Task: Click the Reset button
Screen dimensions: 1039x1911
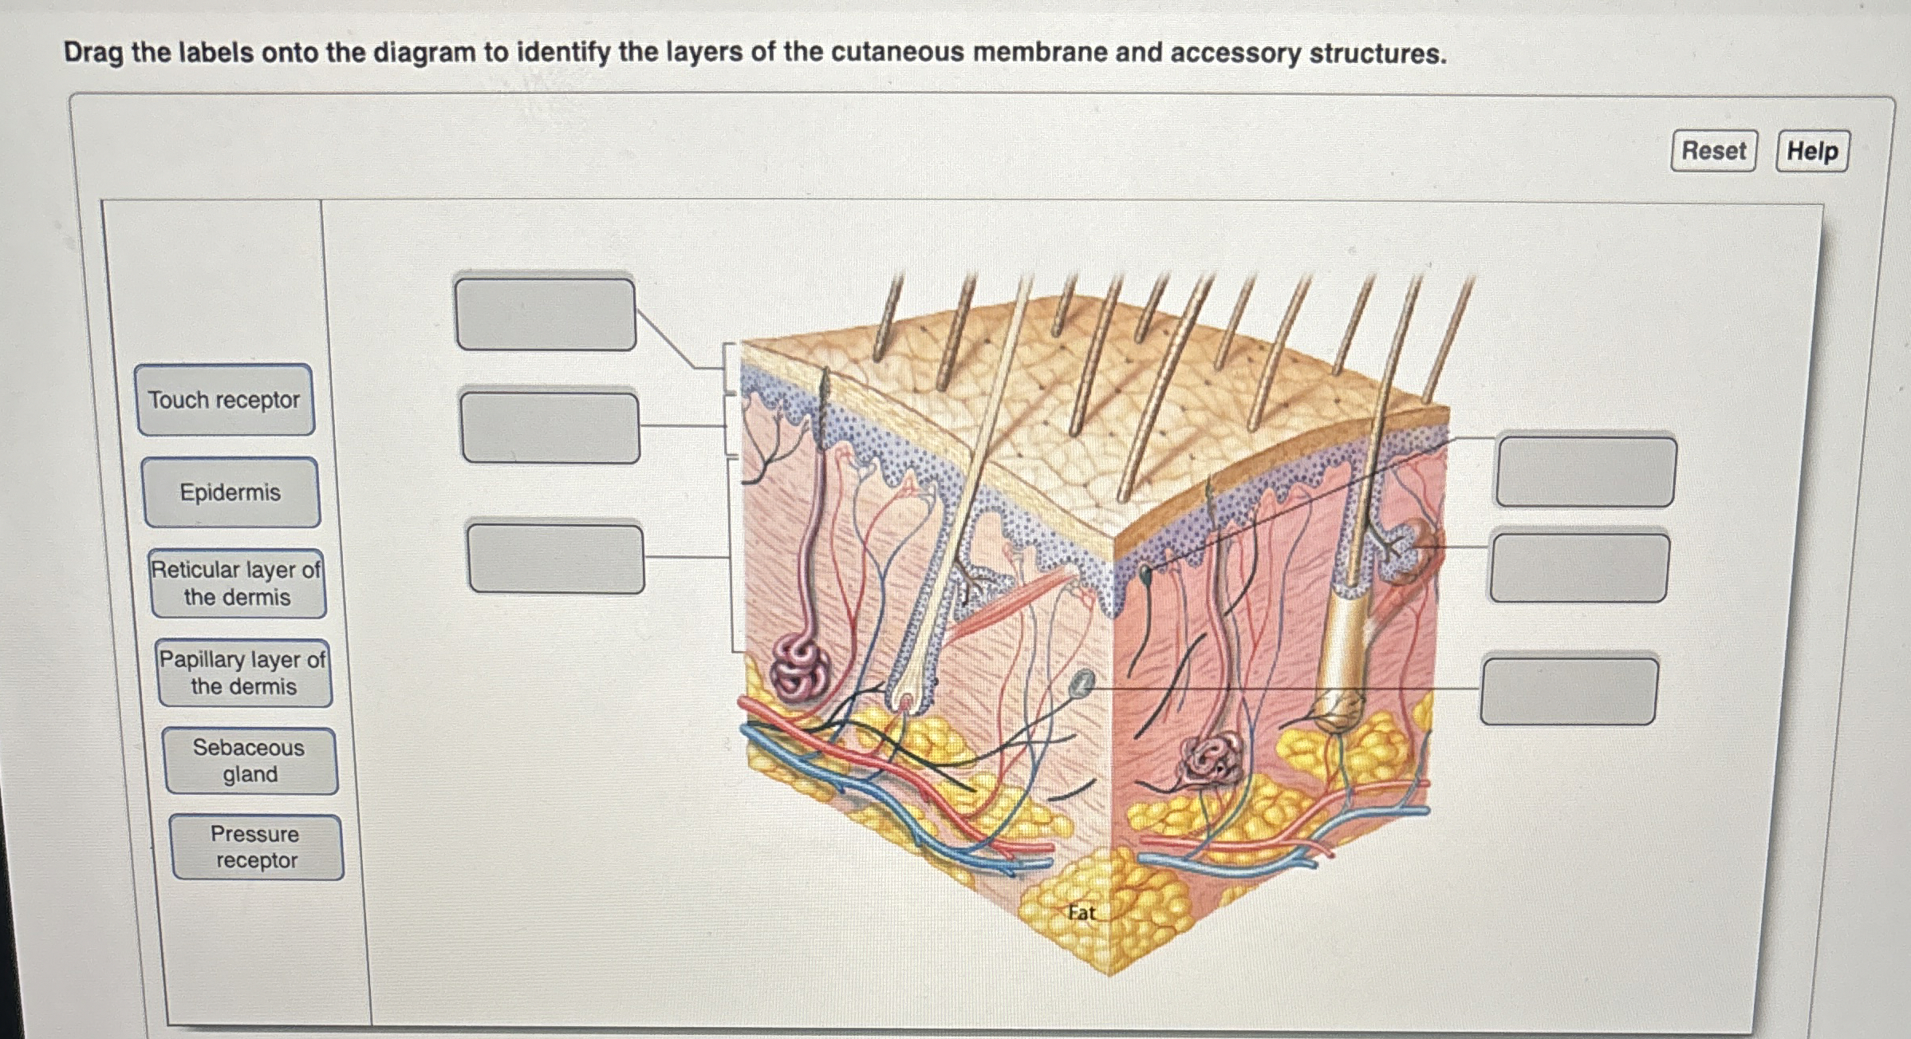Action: click(1713, 151)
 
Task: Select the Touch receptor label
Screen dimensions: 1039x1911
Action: click(225, 400)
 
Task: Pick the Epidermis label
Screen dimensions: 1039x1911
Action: click(231, 492)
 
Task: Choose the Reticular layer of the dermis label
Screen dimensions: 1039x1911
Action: click(238, 583)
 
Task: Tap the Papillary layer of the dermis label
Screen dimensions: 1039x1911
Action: click(243, 673)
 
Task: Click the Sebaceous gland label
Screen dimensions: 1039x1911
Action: click(250, 760)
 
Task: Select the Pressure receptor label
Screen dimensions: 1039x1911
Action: click(256, 847)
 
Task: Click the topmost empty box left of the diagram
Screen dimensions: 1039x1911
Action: click(546, 314)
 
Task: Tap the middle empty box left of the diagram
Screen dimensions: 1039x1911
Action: click(550, 427)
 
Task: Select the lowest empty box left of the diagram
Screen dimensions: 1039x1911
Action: click(556, 558)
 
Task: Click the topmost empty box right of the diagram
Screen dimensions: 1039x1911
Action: click(1586, 471)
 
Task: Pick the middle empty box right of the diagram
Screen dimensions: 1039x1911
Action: click(1579, 567)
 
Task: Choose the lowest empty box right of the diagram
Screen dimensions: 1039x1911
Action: click(1570, 691)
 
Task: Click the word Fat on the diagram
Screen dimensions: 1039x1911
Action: click(1082, 913)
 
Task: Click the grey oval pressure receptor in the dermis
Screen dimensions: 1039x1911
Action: click(1082, 685)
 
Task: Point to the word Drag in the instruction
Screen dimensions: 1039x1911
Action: click(93, 53)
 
